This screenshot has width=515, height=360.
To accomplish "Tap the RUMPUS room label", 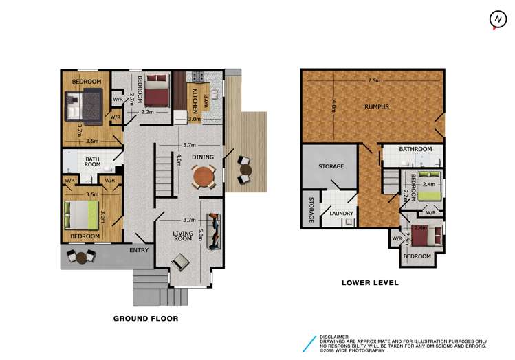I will click(x=377, y=106).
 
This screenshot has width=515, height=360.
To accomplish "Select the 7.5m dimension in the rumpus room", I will click(x=373, y=80).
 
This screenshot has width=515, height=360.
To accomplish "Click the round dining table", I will click(x=202, y=178).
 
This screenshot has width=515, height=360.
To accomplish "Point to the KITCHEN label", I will click(x=195, y=100).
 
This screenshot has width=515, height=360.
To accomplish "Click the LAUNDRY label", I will click(x=341, y=214).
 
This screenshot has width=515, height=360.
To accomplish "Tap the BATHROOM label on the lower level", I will click(x=415, y=149).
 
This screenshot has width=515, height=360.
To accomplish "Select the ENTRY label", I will click(x=139, y=250).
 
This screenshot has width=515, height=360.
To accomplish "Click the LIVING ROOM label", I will click(x=182, y=238).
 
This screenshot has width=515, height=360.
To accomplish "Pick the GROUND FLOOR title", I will click(x=146, y=319).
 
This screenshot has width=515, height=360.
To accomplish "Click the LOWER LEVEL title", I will click(x=371, y=282).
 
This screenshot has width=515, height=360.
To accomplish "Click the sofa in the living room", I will click(x=215, y=232).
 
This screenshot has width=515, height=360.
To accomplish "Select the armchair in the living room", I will click(x=179, y=262).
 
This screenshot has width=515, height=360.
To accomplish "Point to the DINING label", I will click(x=202, y=157).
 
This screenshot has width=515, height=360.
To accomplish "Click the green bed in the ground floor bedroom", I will click(x=82, y=215).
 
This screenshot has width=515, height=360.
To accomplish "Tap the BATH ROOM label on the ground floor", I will click(x=92, y=162).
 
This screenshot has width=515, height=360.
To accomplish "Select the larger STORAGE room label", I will click(x=331, y=167).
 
